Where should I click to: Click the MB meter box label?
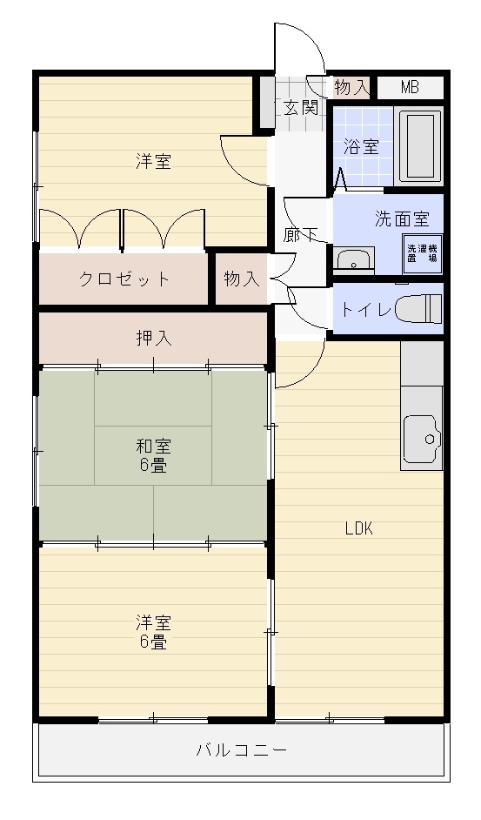(x=410, y=87)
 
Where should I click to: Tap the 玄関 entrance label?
(x=301, y=108)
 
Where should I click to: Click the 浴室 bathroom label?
(x=361, y=147)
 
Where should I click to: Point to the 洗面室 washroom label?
(x=402, y=219)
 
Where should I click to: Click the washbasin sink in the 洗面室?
(x=354, y=259)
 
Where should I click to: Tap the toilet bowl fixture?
(x=418, y=309)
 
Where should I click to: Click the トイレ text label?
(x=366, y=310)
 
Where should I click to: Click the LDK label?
(x=359, y=528)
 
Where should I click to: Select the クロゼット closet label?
(x=124, y=279)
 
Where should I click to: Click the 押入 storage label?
(x=154, y=339)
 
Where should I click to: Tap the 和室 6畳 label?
(x=153, y=455)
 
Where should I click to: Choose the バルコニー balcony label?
(x=242, y=750)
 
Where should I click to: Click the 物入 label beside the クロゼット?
(x=242, y=279)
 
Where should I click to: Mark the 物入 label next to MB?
(x=352, y=87)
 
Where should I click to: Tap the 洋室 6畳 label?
(x=153, y=632)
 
